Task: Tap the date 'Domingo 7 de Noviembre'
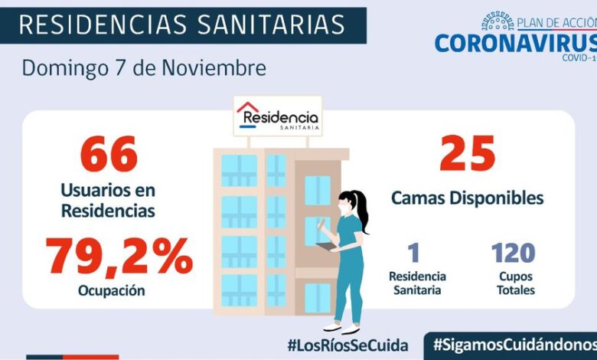point(144,68)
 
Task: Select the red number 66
point(108,155)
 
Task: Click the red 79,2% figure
point(119,257)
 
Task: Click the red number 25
point(467,154)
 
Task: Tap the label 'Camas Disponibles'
point(467,198)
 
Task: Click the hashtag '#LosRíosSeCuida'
point(347,345)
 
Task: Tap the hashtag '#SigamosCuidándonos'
point(514,345)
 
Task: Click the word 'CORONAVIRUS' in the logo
point(515,42)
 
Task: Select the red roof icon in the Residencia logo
point(248,109)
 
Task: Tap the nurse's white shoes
point(341,328)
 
